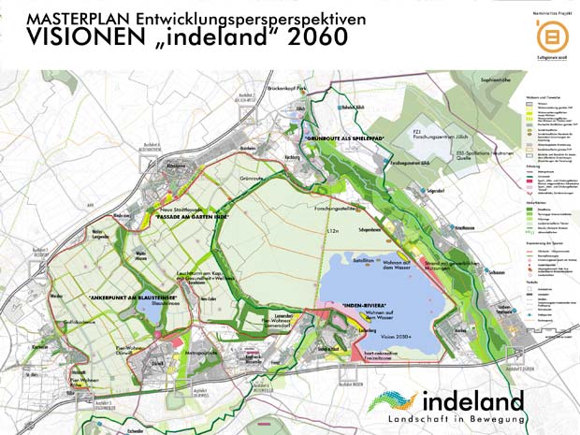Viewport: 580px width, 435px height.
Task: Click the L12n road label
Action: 332,229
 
